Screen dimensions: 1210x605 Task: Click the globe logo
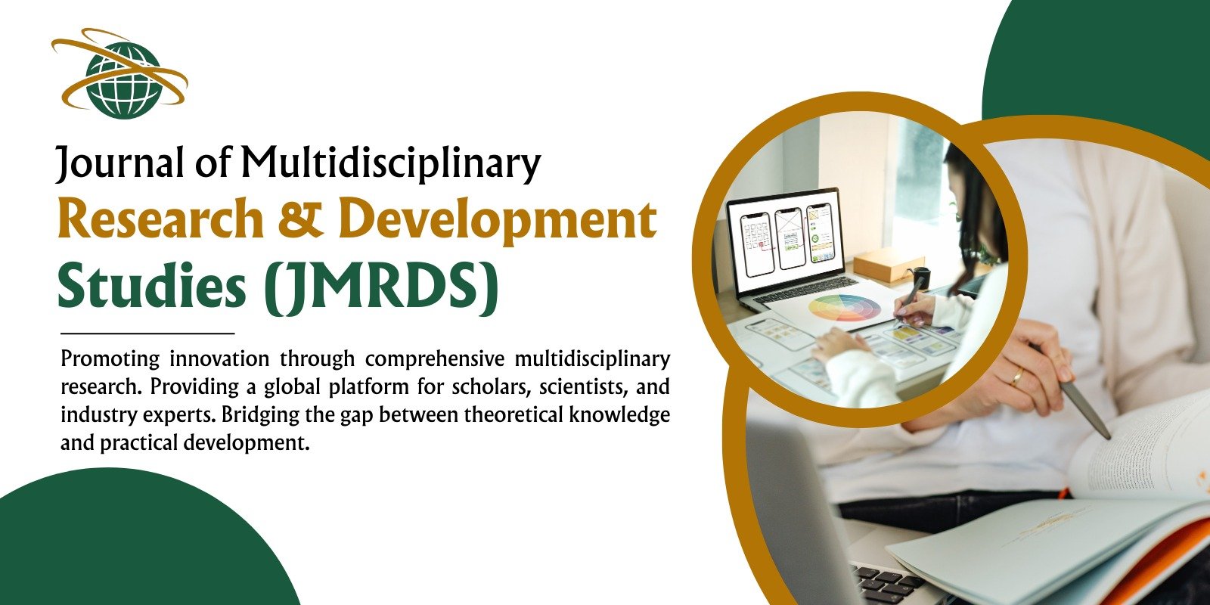coord(120,74)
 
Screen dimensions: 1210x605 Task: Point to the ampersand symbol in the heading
coord(300,219)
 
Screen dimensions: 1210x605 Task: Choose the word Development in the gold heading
coord(498,222)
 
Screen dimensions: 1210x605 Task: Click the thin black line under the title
coord(147,334)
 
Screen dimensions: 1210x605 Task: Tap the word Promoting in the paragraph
coord(110,359)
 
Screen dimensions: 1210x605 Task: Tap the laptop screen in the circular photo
coord(784,241)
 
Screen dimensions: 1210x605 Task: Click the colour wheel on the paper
coord(844,308)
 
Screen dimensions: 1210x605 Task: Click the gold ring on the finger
coord(1016,377)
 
